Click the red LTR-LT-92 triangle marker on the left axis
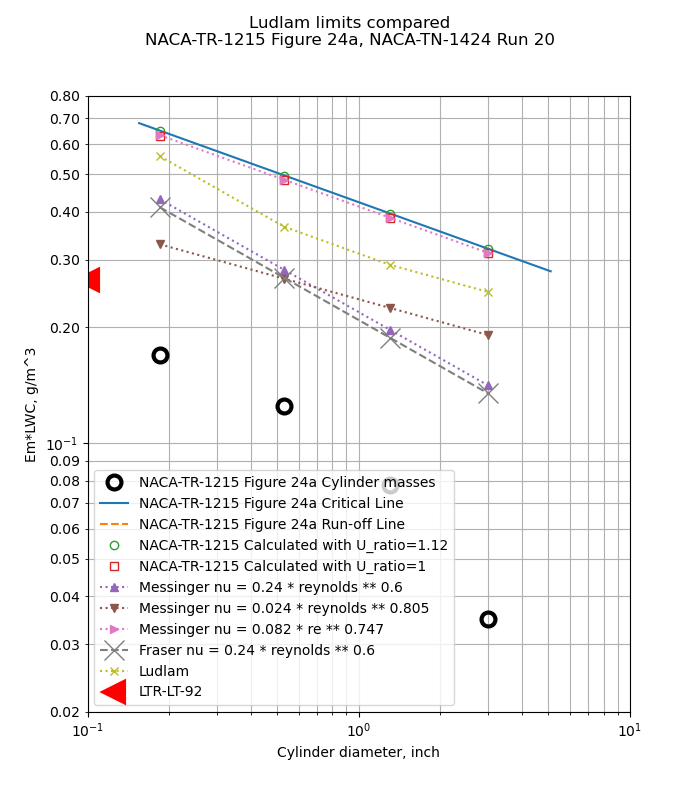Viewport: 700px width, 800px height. (92, 280)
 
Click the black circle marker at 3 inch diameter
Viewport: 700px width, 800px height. (488, 619)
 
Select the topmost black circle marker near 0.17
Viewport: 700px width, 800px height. (160, 355)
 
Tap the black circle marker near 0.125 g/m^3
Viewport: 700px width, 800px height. (284, 406)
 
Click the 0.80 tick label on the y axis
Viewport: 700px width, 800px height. (64, 97)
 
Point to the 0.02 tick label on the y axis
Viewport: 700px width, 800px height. (64, 712)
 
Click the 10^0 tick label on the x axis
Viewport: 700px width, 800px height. (359, 730)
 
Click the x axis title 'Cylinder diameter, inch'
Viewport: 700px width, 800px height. (358, 753)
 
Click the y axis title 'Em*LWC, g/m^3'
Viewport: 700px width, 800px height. (31, 404)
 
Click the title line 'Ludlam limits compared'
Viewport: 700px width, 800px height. (349, 23)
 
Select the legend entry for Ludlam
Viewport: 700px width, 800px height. (163, 671)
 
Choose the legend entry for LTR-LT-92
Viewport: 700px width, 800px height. (170, 692)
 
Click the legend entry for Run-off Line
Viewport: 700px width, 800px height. (271, 524)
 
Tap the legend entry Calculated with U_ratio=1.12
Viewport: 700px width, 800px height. (293, 545)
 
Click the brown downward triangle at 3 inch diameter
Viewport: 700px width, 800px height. (488, 335)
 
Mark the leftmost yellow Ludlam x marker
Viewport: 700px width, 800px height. (160, 156)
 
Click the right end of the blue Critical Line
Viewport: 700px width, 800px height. (550, 271)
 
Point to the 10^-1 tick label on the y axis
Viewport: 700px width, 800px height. (62, 444)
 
